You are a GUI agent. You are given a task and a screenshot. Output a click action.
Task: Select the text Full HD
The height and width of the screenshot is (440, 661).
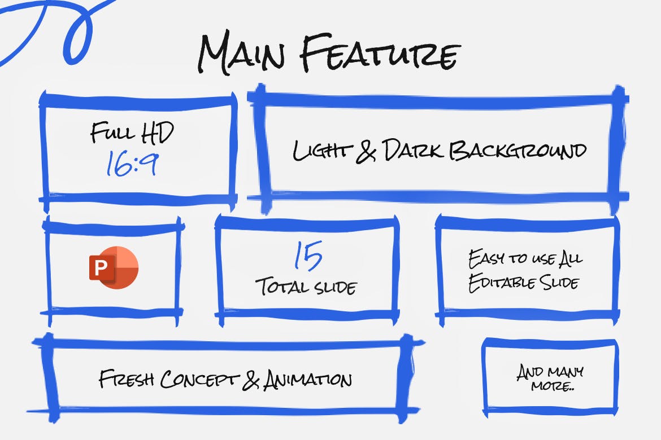pyautogui.click(x=132, y=133)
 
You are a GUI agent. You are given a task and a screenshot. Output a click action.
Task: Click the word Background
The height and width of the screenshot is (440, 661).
pyautogui.click(x=518, y=151)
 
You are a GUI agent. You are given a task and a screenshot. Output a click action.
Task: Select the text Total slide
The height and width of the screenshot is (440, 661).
pyautogui.click(x=307, y=287)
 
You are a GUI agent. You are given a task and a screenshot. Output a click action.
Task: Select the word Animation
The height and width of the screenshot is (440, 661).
pyautogui.click(x=308, y=379)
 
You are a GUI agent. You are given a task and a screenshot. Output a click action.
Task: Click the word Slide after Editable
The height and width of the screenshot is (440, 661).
pyautogui.click(x=558, y=282)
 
